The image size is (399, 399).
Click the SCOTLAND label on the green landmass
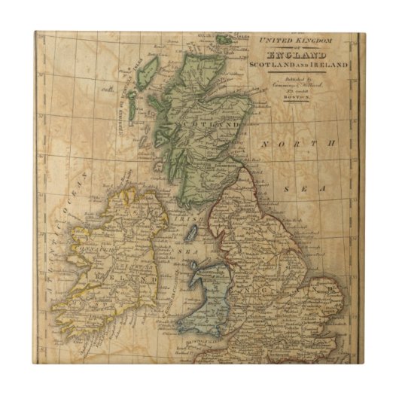pos(212,125)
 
